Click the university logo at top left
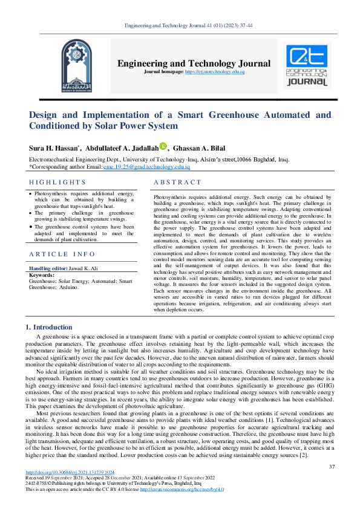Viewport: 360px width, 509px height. [60, 65]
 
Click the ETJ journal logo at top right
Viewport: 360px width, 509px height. [307, 65]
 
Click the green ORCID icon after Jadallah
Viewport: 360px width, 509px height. [163, 146]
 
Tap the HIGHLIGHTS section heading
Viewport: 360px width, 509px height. [57, 182]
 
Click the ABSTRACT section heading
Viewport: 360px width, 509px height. [177, 182]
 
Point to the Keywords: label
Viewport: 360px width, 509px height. [42, 275]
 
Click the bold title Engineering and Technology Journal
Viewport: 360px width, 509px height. [194, 63]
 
